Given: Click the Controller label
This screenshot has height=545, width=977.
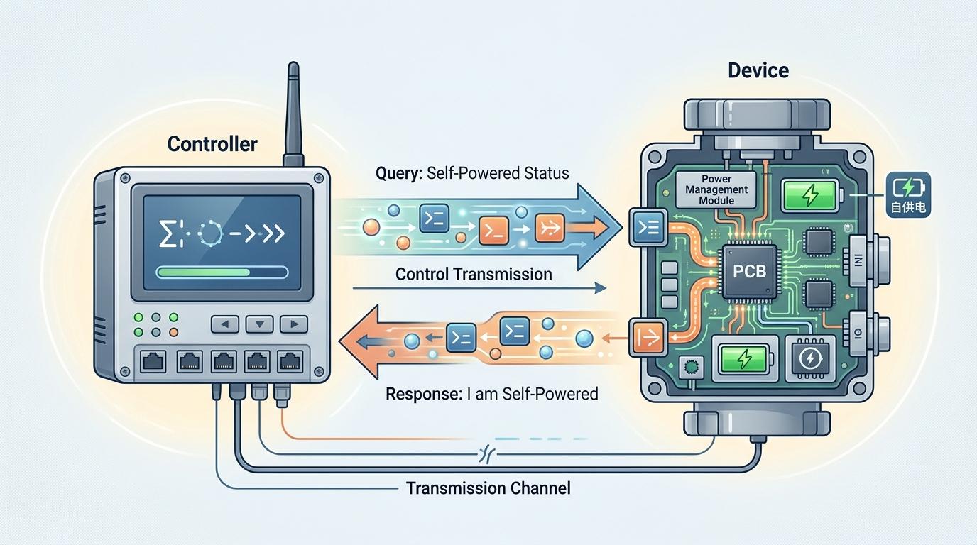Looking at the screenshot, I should click(212, 144).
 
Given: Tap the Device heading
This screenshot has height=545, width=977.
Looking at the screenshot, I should click(758, 71).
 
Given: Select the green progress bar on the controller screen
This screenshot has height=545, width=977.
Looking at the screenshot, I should click(222, 272).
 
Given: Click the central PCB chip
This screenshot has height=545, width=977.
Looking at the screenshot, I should click(749, 270).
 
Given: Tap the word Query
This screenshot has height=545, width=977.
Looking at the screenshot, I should click(399, 172).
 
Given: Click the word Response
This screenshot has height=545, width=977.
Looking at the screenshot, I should click(423, 392).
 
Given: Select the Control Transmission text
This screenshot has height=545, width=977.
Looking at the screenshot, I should click(473, 274).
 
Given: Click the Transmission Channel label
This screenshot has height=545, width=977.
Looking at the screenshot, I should click(488, 488).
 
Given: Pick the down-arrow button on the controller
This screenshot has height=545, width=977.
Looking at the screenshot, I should click(259, 324).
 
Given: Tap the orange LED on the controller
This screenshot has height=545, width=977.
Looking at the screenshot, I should click(173, 332).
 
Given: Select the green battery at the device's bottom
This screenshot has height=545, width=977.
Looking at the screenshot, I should click(746, 359).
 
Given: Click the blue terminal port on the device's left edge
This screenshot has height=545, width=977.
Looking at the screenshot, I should click(648, 228).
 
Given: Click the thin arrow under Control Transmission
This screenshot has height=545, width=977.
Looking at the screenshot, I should click(479, 288).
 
